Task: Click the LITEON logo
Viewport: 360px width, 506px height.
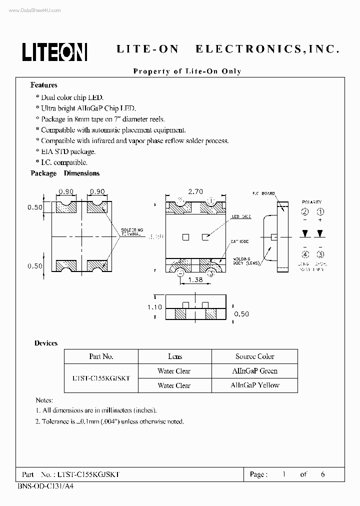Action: point(54,50)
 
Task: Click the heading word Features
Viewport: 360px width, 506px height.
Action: point(44,85)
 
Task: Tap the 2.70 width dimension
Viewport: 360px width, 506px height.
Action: point(195,191)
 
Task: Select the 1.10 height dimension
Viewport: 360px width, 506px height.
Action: point(154,307)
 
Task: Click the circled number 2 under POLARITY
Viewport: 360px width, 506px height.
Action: point(305,211)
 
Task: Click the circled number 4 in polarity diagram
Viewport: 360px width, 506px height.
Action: point(305,254)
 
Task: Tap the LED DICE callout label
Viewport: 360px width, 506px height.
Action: point(241,217)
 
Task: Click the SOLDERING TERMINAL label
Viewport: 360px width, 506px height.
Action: point(132,232)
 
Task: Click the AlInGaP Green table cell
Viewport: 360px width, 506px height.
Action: point(254,371)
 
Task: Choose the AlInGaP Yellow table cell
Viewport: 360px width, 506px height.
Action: point(254,385)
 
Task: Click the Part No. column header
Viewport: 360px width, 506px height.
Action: point(100,356)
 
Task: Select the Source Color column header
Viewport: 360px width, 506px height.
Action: point(254,356)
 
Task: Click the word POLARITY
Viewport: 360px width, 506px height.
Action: point(312,202)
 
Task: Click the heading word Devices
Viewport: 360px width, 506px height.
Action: point(46,343)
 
